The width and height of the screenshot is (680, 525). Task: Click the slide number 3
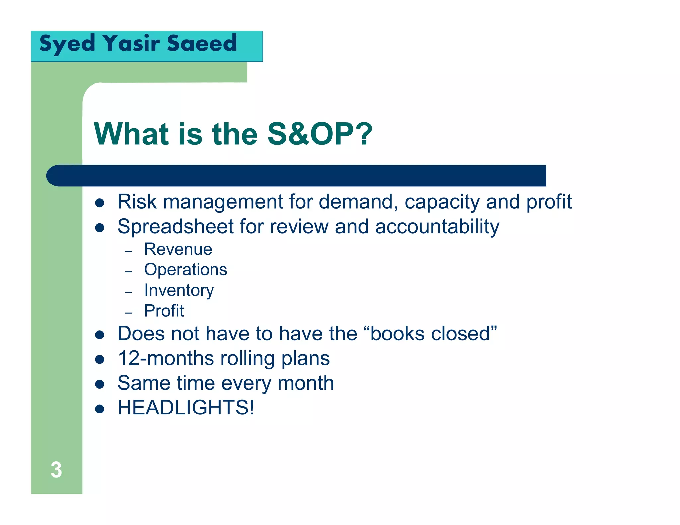click(x=56, y=470)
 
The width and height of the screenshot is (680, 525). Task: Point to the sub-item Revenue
click(x=178, y=249)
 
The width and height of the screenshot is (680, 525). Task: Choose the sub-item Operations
click(x=186, y=269)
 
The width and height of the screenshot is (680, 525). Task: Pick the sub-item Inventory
click(x=179, y=290)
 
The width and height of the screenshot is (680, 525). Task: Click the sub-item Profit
click(x=164, y=311)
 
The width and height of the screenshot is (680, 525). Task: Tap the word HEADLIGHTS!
click(x=186, y=407)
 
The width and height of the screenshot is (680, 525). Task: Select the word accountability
click(x=437, y=227)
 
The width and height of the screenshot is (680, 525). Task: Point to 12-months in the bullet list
click(x=166, y=358)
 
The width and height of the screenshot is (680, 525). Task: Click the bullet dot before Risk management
click(x=100, y=203)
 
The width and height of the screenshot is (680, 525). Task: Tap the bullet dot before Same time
click(x=100, y=384)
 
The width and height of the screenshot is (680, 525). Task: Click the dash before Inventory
click(x=128, y=292)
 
